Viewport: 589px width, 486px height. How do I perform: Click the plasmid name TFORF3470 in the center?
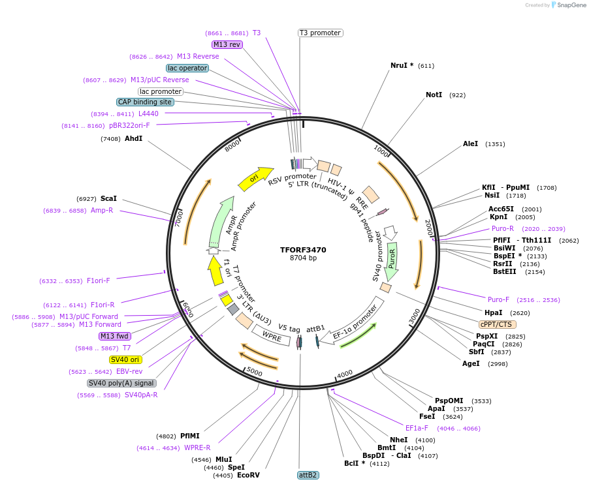303,250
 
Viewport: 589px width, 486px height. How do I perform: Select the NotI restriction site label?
434,95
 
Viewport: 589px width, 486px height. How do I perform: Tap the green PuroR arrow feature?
392,258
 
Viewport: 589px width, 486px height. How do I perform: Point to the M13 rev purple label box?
227,45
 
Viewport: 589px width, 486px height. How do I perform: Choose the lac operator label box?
187,68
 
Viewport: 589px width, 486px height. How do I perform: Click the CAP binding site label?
145,102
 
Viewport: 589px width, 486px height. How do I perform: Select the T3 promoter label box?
321,33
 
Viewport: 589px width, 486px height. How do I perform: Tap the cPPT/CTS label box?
497,324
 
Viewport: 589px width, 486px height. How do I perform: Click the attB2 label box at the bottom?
308,475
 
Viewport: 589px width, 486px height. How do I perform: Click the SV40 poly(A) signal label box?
121,383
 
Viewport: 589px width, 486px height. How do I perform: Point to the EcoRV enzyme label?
248,476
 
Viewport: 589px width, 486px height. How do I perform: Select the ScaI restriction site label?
108,199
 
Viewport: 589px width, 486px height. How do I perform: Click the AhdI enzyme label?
133,139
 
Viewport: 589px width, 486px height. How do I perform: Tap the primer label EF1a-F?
417,429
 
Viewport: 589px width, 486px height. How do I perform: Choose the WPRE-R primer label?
197,448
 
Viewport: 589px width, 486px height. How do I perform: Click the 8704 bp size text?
303,258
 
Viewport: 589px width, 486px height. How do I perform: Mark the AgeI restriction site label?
471,363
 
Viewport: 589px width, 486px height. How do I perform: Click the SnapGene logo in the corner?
570,5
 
